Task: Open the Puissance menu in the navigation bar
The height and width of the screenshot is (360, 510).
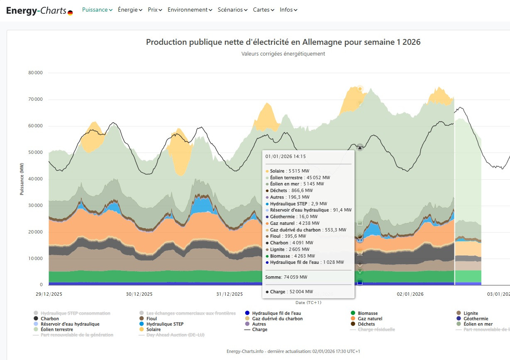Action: click(x=97, y=10)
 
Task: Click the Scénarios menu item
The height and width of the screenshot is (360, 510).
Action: click(x=232, y=10)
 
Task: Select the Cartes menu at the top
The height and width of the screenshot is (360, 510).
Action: click(x=264, y=10)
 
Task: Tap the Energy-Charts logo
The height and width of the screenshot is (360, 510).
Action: click(x=39, y=11)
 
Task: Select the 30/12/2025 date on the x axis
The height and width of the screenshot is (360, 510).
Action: click(x=139, y=294)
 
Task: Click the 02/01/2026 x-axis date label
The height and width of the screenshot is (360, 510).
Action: click(x=410, y=294)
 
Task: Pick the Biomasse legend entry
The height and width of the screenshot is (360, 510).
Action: click(x=368, y=313)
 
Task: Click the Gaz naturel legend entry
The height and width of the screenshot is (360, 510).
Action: click(x=370, y=319)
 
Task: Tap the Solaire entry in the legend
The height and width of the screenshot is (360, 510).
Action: click(x=154, y=329)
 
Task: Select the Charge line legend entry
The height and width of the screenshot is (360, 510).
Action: click(x=259, y=329)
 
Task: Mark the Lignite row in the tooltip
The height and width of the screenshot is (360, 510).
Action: click(x=290, y=249)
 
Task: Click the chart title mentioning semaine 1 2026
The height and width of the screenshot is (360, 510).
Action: click(x=283, y=42)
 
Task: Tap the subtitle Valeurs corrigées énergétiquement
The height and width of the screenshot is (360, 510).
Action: click(x=283, y=54)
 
